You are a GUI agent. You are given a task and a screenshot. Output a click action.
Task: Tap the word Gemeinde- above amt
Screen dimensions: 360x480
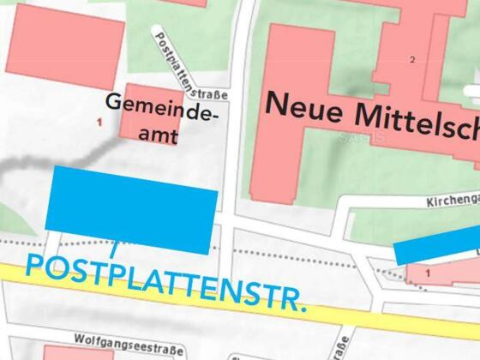pos(163,106)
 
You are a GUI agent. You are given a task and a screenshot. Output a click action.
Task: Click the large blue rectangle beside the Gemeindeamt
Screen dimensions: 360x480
pos(131,209)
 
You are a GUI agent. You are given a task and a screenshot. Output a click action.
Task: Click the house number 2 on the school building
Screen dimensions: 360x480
pos(412,59)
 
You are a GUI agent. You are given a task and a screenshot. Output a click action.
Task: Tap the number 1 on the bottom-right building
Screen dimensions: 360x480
pos(429,272)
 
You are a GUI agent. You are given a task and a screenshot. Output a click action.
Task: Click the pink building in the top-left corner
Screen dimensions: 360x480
pos(64,41)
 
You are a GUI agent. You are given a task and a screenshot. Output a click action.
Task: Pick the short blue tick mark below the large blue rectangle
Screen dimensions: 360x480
pos(114,249)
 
